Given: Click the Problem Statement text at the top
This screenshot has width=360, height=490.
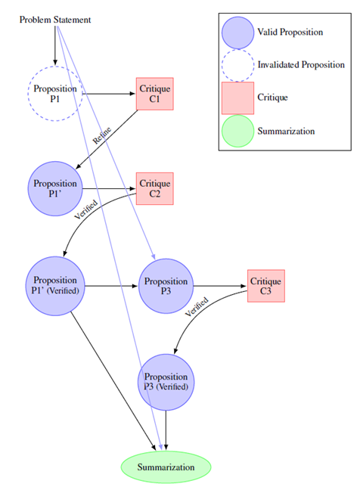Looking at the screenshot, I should tap(54, 19).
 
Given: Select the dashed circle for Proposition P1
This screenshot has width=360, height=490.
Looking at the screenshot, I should tap(55, 93).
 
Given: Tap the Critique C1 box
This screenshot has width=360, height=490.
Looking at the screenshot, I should tap(155, 95).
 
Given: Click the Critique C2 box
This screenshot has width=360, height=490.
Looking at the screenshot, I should tap(155, 189).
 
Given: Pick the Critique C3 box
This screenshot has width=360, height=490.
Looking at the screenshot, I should tap(266, 286).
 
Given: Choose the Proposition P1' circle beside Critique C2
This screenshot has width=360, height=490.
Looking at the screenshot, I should tap(55, 188).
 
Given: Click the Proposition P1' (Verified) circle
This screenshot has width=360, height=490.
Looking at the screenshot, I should tap(55, 285).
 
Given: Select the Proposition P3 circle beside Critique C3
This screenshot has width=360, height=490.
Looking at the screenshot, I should tap(166, 286).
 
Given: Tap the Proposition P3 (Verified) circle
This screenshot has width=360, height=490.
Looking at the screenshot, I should tap(166, 381).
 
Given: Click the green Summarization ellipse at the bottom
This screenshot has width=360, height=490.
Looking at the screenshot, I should tap(166, 467).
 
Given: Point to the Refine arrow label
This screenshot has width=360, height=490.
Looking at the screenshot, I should tap(103, 135).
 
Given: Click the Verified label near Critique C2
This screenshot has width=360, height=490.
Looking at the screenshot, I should tap(85, 209).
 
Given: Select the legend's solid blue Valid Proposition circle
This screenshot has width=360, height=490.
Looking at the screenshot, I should tap(237, 33).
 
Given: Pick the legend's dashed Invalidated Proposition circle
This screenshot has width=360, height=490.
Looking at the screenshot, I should tap(237, 65).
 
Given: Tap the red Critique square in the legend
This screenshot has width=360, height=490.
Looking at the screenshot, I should tap(237, 98).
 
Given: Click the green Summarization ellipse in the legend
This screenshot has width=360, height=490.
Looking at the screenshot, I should tap(237, 131).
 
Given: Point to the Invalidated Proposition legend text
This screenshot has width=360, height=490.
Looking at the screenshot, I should tap(301, 65).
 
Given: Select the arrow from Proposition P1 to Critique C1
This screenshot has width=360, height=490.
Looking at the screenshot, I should tap(109, 94).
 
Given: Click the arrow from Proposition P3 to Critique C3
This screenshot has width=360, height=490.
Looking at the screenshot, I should tap(220, 286).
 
